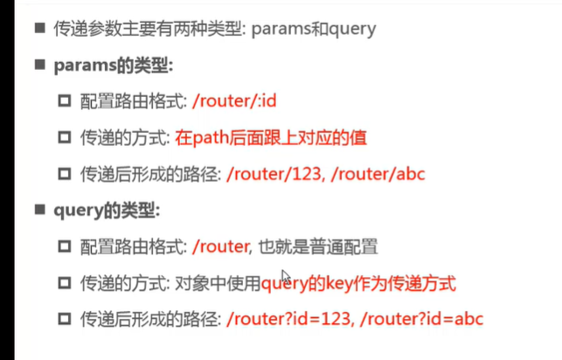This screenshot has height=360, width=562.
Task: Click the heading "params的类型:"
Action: point(114,66)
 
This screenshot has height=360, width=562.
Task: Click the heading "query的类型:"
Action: point(108,210)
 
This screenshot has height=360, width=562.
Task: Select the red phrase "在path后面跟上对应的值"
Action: point(271,137)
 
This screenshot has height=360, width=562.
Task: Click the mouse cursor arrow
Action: point(285,277)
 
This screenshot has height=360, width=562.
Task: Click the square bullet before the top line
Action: point(39,28)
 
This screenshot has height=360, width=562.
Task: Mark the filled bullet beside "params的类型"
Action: point(39,66)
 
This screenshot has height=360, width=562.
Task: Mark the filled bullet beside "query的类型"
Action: point(39,210)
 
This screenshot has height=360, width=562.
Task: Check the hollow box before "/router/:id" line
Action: point(64,102)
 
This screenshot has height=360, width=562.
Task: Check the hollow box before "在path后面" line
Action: point(64,138)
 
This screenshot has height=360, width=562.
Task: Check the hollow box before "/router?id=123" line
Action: point(64,320)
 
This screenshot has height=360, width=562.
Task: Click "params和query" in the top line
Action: point(313,29)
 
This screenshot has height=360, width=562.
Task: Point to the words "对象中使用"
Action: point(225,283)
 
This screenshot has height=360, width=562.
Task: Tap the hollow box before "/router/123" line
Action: point(64,175)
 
